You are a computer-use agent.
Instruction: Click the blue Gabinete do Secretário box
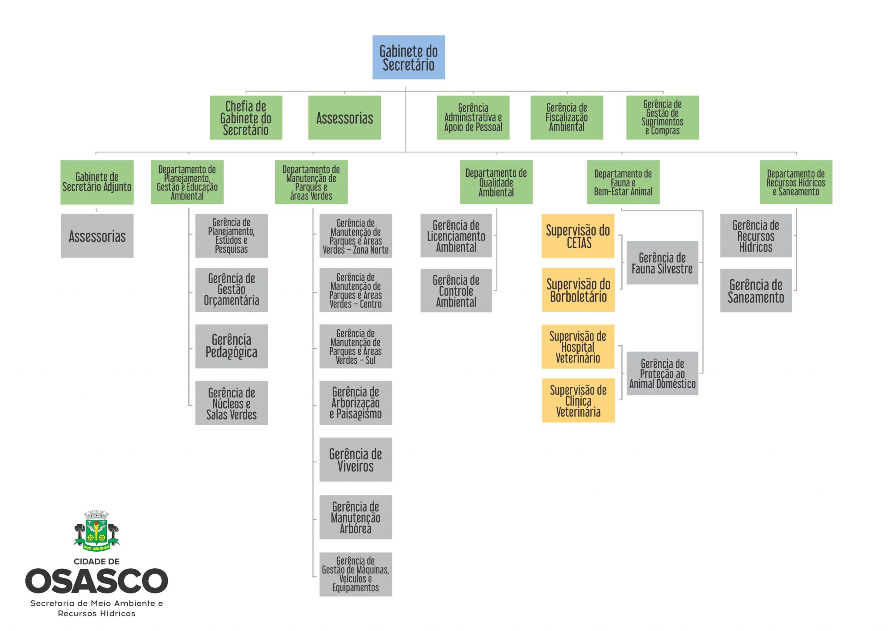coord(409,58)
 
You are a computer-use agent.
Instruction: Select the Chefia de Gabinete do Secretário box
coord(246,118)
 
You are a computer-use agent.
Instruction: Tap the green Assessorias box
coord(344,118)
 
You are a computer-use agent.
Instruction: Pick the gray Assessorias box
coord(97,236)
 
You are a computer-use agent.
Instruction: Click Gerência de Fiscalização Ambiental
coord(567,118)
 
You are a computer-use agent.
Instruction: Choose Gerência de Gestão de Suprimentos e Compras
coord(662,118)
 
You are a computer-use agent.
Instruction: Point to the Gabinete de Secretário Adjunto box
coord(97,182)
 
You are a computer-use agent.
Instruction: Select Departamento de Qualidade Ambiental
coord(496,182)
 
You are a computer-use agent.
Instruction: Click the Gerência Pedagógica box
coord(232,346)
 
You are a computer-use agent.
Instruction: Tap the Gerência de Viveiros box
coord(356,460)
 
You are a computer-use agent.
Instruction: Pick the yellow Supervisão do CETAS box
coord(578,236)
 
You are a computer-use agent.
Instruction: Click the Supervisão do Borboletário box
coord(578,290)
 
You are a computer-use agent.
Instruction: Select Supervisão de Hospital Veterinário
coord(578,346)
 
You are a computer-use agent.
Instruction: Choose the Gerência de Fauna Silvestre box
coord(662,263)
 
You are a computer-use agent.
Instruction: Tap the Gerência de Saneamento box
coord(756,291)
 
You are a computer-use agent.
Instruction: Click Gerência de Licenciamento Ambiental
coord(456,236)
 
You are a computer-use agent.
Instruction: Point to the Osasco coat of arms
coord(96,531)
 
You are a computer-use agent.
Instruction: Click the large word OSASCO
coord(96,581)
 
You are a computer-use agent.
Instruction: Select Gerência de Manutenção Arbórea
coord(356,517)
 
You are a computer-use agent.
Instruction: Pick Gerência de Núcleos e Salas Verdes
coord(232,403)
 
